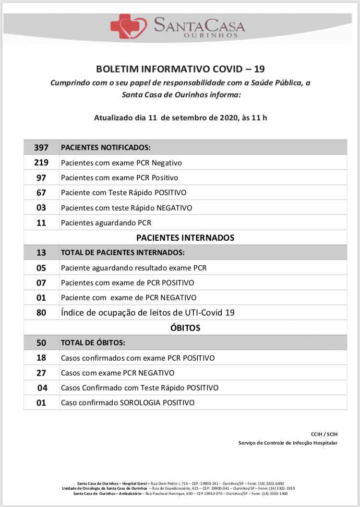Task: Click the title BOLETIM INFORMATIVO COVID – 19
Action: [180, 69]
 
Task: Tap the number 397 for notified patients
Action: [41, 148]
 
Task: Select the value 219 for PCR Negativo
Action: [41, 163]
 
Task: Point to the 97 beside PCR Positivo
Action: [41, 177]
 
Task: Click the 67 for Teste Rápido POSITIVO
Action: [41, 192]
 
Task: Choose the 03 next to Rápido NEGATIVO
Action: [41, 208]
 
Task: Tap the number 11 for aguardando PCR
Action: [41, 223]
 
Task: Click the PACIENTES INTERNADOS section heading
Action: [185, 237]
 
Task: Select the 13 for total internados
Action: [41, 252]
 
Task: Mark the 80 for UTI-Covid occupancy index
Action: [41, 313]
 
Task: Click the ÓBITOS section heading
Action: [185, 328]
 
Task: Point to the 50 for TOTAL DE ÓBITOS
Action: [41, 343]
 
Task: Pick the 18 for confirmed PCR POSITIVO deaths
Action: [41, 358]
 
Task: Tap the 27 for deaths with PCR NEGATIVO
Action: [41, 373]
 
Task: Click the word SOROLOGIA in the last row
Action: [140, 402]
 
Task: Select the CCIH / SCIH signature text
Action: [324, 434]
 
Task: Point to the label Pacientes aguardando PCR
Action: [106, 223]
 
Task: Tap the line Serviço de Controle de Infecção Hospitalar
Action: [288, 443]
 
